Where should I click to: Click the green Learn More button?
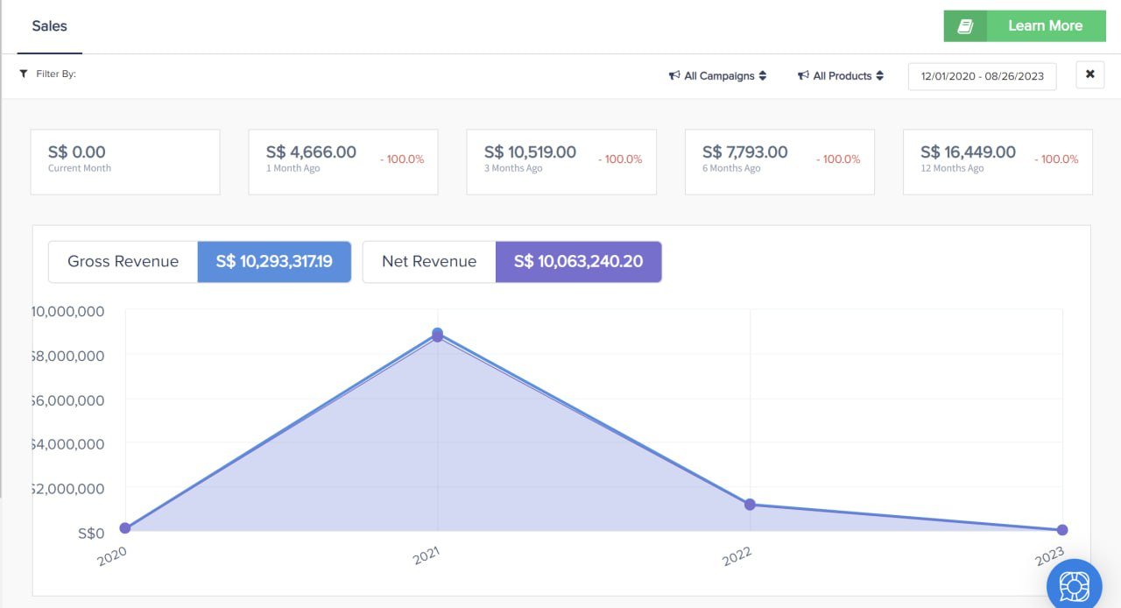coord(1026,26)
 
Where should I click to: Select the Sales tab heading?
coord(49,26)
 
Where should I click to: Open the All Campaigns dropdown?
coord(717,76)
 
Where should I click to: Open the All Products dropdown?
coord(841,76)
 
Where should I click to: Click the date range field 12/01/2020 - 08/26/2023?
coord(982,76)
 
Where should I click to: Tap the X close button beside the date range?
coord(1089,74)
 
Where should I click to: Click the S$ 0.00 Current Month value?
coord(77,152)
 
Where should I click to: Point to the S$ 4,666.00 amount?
coord(311,152)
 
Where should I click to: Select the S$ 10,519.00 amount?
coord(530,152)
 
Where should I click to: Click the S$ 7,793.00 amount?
coord(744,152)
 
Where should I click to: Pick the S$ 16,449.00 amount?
coord(968,152)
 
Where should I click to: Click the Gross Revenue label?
coord(123,262)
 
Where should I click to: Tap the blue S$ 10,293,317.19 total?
coord(274,262)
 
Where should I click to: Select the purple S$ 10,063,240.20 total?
coord(578,262)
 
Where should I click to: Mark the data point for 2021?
coord(437,335)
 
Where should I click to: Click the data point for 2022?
coord(750,505)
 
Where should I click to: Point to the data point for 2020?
coord(125,528)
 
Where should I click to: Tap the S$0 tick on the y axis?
coord(91,533)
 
